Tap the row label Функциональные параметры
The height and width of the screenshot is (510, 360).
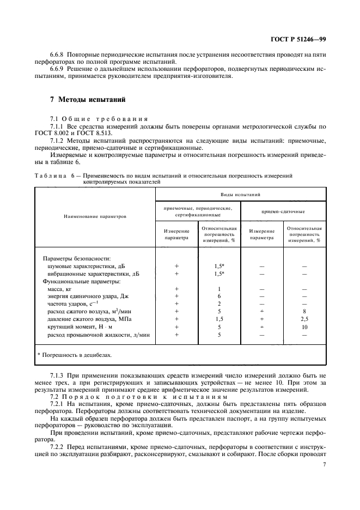81,281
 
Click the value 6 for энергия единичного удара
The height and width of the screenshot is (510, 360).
219,296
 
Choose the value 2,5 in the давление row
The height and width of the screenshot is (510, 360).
304,319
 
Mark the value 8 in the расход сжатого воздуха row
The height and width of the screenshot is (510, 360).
304,312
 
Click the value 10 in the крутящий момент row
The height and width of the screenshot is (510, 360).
304,327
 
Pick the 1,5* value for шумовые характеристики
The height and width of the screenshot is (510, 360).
219,266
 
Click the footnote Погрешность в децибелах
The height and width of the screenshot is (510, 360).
74,355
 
